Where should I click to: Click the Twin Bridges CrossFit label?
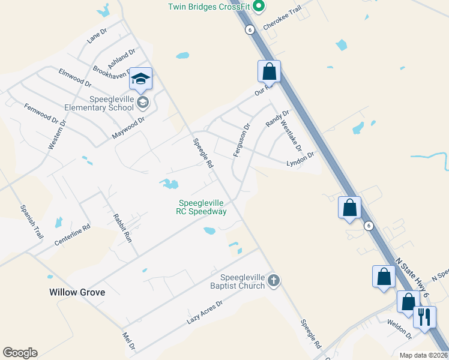click(208, 7)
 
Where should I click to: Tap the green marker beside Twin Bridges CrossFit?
click(259, 7)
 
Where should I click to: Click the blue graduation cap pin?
click(140, 79)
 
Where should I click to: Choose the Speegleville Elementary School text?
click(111, 103)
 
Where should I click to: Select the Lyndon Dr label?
click(300, 160)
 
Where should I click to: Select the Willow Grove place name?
click(77, 292)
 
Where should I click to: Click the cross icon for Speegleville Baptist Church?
click(274, 280)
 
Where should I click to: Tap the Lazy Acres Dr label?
click(205, 313)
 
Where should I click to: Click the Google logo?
click(20, 353)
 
